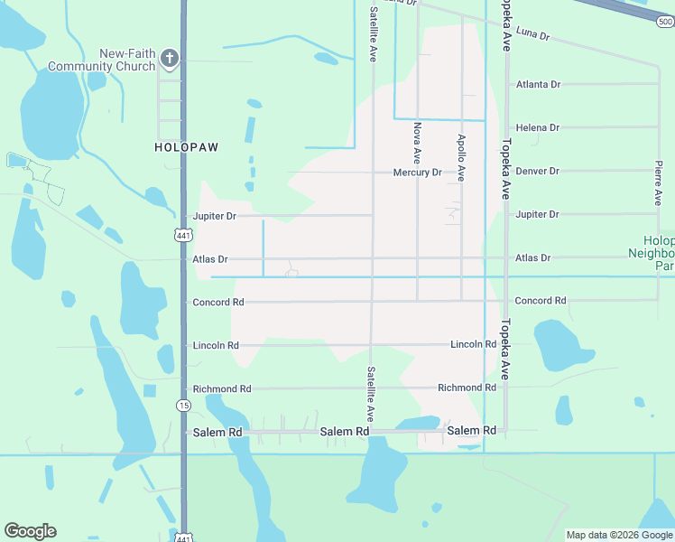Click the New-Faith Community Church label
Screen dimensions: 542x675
pyautogui.click(x=101, y=61)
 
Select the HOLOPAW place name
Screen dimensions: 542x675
pyautogui.click(x=186, y=146)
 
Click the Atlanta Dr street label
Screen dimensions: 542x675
pyautogui.click(x=538, y=84)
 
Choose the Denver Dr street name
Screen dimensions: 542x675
pyautogui.click(x=538, y=171)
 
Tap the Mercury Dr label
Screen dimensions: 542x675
pyautogui.click(x=417, y=173)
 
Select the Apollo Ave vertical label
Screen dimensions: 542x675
pyautogui.click(x=461, y=158)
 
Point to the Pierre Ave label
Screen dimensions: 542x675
pyautogui.click(x=660, y=182)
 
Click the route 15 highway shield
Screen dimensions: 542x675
pyautogui.click(x=183, y=405)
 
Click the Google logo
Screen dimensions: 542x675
pyautogui.click(x=30, y=531)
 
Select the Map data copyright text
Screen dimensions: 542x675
pyautogui.click(x=619, y=535)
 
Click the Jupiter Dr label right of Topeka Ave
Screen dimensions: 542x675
pyautogui.click(x=537, y=214)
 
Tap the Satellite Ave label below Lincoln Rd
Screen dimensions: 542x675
pyautogui.click(x=371, y=392)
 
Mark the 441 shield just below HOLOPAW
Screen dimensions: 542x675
pyautogui.click(x=183, y=235)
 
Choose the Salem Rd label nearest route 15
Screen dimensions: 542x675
pyautogui.click(x=217, y=433)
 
